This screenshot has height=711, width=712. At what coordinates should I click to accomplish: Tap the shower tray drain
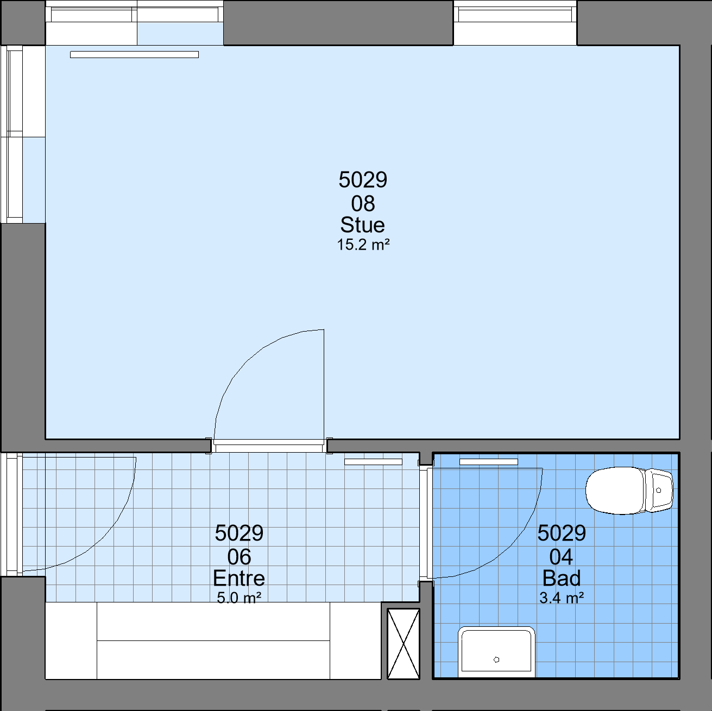(496, 659)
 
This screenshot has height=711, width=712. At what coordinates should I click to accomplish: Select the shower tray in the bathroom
(496, 652)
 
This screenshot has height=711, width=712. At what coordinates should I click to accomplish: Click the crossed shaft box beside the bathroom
(404, 644)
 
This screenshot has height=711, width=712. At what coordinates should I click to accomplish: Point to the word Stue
(362, 225)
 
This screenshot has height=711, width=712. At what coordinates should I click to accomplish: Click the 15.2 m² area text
(363, 245)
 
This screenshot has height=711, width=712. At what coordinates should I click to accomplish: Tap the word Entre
(238, 578)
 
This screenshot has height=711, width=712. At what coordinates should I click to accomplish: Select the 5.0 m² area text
(239, 597)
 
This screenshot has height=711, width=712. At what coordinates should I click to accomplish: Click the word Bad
(561, 578)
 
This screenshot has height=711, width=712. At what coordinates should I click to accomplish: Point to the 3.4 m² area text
(562, 597)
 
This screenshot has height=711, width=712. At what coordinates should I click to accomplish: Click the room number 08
(363, 203)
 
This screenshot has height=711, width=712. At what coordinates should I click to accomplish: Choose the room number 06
(239, 556)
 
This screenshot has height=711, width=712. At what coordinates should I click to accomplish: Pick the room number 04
(561, 556)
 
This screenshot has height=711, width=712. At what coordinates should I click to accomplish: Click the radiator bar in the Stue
(134, 55)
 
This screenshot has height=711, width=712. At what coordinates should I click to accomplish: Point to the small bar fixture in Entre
(373, 462)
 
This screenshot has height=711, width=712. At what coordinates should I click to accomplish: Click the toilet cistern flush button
(658, 491)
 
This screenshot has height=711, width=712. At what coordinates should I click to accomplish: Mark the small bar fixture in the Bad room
(488, 462)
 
